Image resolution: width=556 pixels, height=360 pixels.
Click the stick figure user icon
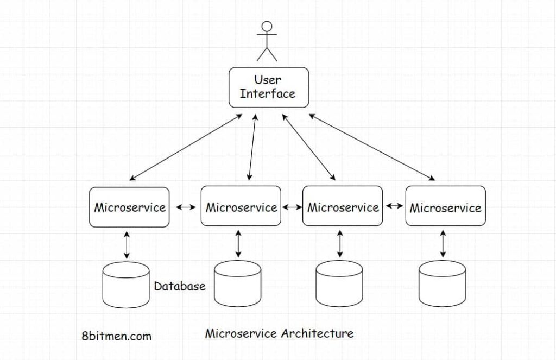[267, 41]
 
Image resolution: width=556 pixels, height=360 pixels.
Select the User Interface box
[268, 87]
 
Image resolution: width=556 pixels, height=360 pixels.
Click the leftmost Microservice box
[129, 207]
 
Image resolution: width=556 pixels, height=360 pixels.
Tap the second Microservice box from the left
[241, 206]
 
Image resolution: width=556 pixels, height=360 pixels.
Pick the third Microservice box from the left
[343, 206]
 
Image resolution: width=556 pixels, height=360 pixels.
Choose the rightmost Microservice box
[445, 206]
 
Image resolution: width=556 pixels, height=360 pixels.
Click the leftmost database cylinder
[126, 285]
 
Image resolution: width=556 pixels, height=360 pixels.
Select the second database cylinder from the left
[238, 283]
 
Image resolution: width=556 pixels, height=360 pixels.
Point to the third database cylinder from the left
[339, 283]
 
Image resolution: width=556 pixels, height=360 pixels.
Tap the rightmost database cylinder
[443, 283]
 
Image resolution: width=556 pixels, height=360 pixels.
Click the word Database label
[180, 286]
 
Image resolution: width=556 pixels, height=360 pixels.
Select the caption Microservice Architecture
[279, 333]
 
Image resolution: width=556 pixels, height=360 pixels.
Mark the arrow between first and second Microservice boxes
[185, 207]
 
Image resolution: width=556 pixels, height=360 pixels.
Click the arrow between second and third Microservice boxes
[292, 207]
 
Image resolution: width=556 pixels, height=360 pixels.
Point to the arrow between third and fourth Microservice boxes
[395, 206]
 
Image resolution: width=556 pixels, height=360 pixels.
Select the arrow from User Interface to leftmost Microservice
[186, 147]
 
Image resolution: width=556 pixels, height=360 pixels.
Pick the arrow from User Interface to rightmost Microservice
[372, 147]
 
